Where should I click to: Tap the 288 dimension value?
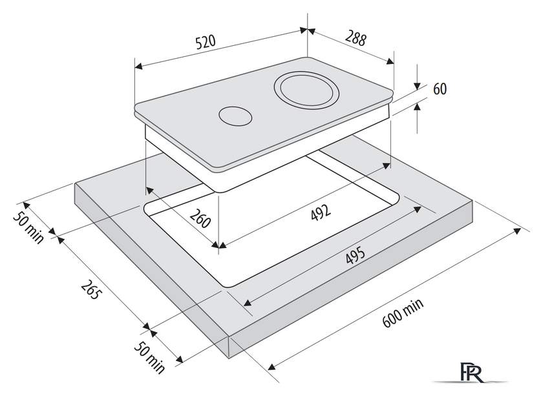click(355, 39)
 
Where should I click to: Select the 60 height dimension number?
click(440, 89)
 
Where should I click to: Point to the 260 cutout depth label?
click(200, 220)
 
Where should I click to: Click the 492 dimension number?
click(321, 211)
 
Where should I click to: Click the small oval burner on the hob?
click(233, 116)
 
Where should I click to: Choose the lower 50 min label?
click(150, 357)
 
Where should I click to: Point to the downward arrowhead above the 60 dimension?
click(418, 85)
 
